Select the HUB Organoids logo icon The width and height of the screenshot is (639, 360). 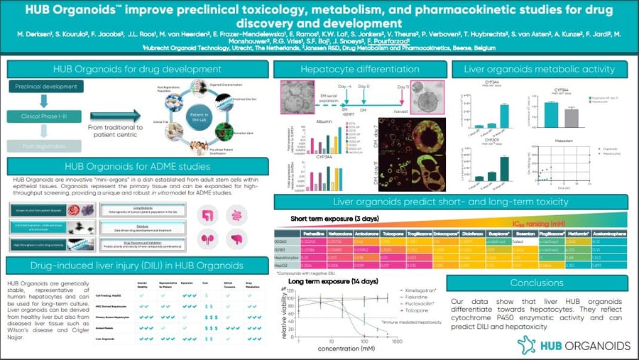tap(528, 344)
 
